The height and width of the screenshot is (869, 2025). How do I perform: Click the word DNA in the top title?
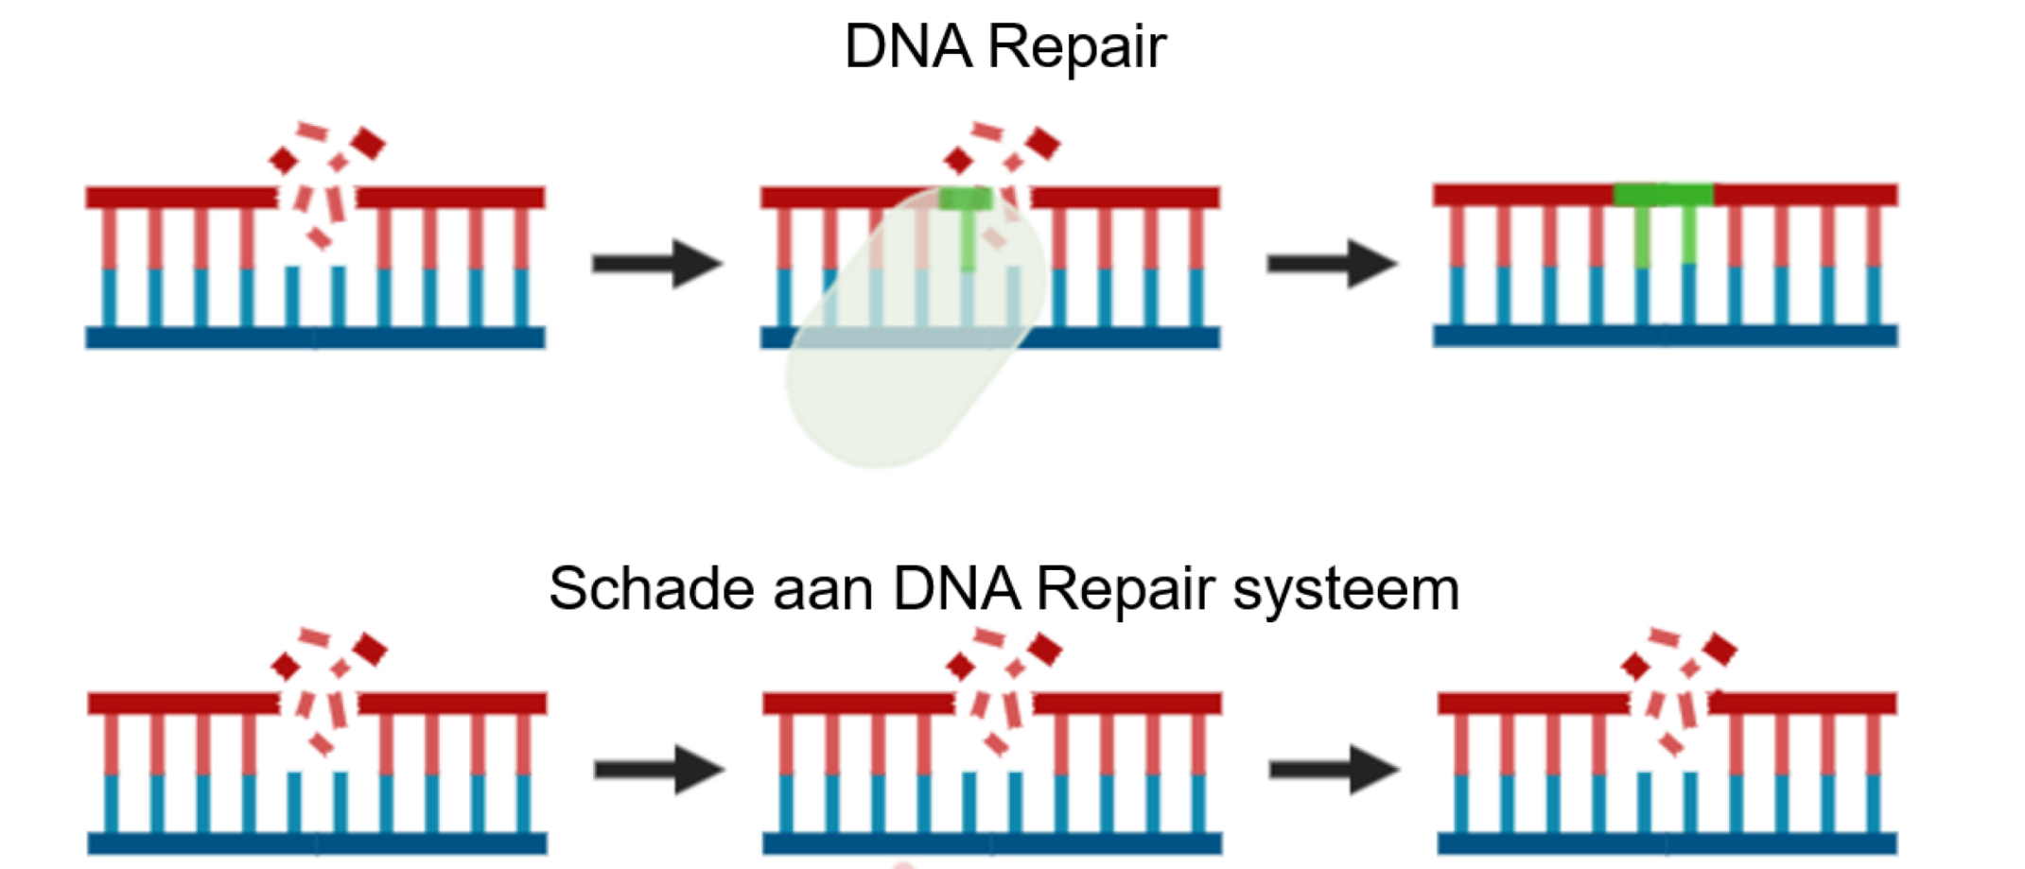coord(907,46)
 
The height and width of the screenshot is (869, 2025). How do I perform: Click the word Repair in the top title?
coord(1077,46)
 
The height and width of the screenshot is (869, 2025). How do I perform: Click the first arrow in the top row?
coord(657,264)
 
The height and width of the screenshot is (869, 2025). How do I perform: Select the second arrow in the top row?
coord(1332,264)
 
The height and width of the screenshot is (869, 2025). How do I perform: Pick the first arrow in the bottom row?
coord(659,770)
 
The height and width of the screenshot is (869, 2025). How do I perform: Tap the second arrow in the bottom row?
coord(1334,770)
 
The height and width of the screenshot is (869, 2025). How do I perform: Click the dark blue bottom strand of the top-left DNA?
coord(315,338)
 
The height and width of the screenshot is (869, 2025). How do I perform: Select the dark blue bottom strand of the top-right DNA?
coord(1665,336)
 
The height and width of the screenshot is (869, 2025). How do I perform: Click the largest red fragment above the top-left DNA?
coord(368,144)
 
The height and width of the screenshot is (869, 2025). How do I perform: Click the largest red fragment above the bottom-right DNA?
coord(1720,650)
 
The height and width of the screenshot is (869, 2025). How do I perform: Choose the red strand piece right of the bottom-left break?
coord(452,704)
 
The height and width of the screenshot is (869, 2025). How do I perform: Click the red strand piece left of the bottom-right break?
coord(1532,704)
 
